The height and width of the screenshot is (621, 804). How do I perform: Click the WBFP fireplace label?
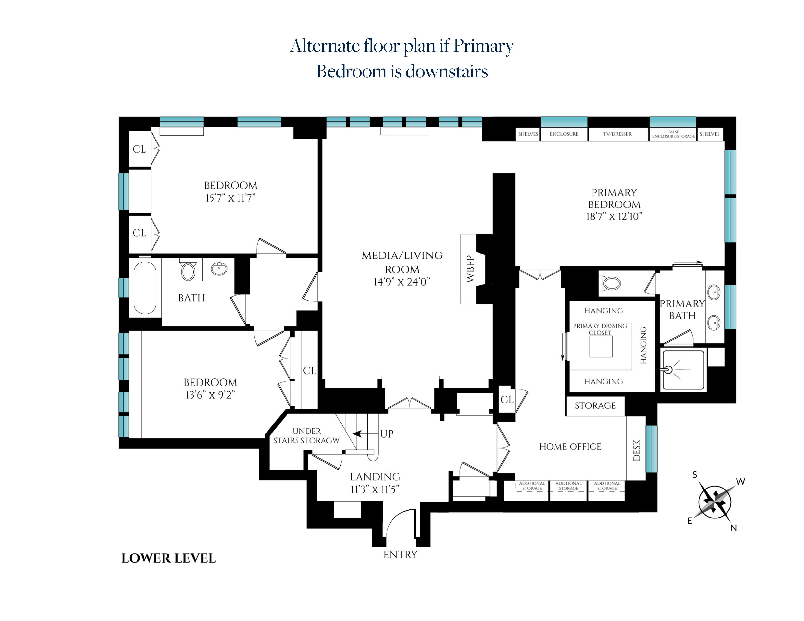[470, 269]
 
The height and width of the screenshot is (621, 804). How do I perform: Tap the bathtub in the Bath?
[145, 288]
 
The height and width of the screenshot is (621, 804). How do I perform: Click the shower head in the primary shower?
[668, 370]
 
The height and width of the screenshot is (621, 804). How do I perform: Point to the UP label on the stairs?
[387, 434]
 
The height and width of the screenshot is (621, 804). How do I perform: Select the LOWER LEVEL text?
[169, 558]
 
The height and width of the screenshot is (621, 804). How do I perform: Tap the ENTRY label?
[400, 555]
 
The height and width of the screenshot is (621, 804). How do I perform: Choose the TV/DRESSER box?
[617, 134]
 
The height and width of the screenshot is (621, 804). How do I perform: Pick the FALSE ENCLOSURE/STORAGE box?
[673, 134]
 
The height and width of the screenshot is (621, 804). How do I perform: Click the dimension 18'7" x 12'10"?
[614, 216]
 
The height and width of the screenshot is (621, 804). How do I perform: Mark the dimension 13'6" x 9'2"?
[210, 395]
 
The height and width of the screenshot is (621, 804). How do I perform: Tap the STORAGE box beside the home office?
[595, 406]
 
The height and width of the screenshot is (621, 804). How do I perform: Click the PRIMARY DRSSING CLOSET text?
[600, 329]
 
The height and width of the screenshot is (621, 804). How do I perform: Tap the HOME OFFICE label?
[570, 447]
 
